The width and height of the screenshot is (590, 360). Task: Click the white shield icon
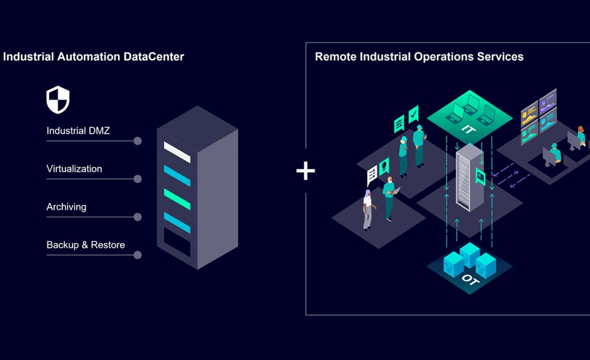pyautogui.click(x=58, y=100)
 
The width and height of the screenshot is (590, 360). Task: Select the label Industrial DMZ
pyautogui.click(x=78, y=130)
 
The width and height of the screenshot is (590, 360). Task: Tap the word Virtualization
pyautogui.click(x=74, y=169)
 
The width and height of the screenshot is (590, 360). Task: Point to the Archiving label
pyautogui.click(x=67, y=207)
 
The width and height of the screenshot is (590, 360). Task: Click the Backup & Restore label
pyautogui.click(x=86, y=245)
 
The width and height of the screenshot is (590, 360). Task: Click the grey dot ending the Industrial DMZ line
pyautogui.click(x=137, y=141)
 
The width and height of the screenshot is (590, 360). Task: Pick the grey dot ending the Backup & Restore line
pyautogui.click(x=137, y=255)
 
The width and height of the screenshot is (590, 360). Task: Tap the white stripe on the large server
pyautogui.click(x=177, y=152)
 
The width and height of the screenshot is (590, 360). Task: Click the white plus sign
pyautogui.click(x=306, y=171)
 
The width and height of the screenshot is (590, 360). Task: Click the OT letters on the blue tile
pyautogui.click(x=470, y=280)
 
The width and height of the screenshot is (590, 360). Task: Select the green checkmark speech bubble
pyautogui.click(x=414, y=113)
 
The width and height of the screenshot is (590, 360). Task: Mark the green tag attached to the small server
pyautogui.click(x=480, y=176)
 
